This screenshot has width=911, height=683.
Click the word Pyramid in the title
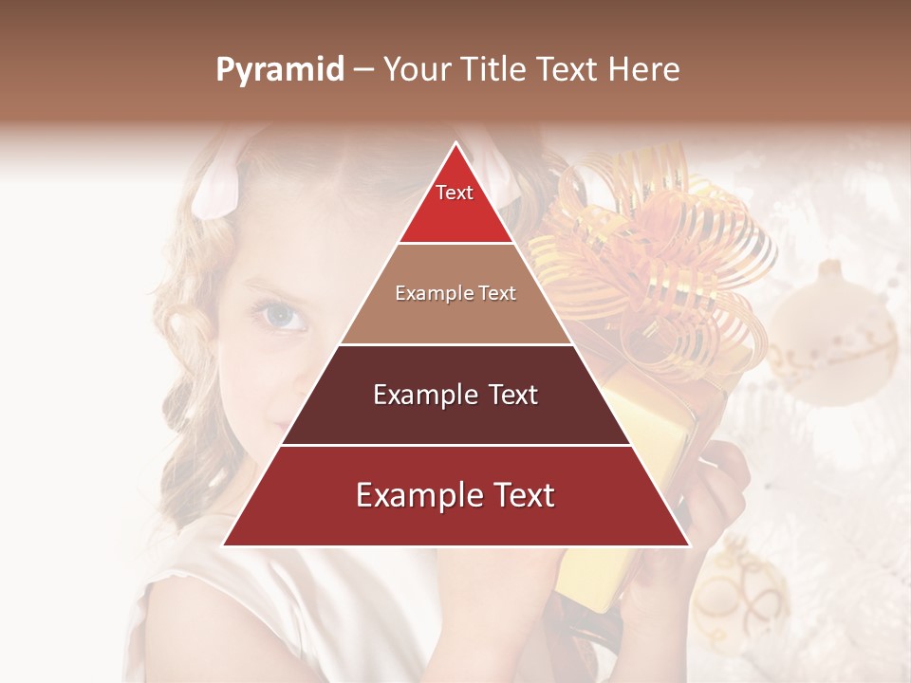[x=280, y=70]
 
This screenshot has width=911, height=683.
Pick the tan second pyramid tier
[x=455, y=294]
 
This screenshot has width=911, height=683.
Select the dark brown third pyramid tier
[x=455, y=396]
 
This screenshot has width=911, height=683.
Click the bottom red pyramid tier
[x=455, y=496]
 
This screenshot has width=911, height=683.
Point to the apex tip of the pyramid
[x=455, y=144]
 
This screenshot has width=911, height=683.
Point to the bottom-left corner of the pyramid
[x=224, y=545]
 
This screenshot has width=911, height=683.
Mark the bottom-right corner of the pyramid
[x=688, y=545]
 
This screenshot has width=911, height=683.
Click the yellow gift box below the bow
[x=655, y=427]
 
